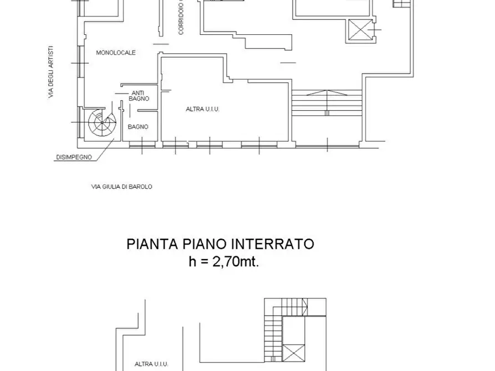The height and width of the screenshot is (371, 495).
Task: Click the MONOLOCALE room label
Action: click(x=116, y=53)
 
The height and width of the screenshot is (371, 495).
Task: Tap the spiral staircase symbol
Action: click(x=101, y=122)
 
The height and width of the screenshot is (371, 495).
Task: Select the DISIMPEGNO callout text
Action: click(x=73, y=157)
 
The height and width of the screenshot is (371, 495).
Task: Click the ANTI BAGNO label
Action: click(x=137, y=96)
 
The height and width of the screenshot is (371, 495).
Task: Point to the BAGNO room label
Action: click(x=137, y=127)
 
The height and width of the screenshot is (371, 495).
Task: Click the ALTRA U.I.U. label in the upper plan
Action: click(x=202, y=110)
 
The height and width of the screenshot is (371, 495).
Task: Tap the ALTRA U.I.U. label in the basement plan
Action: click(x=151, y=364)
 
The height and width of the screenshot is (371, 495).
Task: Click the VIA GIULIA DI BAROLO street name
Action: click(x=121, y=187)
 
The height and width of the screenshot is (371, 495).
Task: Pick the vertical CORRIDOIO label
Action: click(x=181, y=18)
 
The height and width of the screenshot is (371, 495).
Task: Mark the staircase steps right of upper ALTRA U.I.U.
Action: click(x=326, y=103)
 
